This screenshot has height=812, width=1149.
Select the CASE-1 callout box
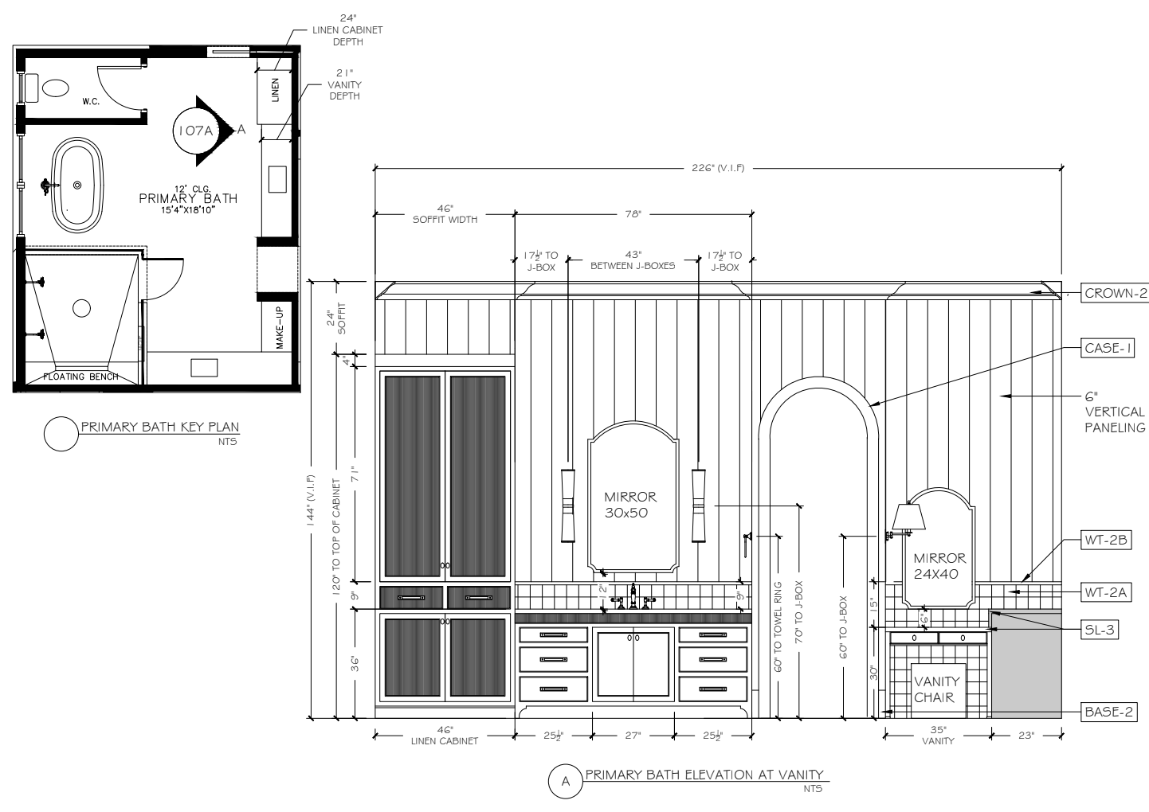1108,348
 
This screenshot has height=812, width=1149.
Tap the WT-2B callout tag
1106,540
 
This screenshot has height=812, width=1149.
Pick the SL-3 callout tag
1100,629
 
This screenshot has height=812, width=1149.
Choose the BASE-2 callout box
1108,712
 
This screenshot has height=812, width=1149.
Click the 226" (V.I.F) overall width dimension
718,168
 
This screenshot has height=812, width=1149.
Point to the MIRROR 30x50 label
629,505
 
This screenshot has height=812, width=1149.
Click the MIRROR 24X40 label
939,566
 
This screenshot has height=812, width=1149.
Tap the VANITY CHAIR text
936,689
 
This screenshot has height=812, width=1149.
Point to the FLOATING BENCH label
80,377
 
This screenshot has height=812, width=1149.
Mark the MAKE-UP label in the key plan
279,327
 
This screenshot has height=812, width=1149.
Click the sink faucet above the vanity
633,597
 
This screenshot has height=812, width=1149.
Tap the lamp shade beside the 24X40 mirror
908,517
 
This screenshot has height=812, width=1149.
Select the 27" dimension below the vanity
633,736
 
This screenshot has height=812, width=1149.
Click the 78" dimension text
633,214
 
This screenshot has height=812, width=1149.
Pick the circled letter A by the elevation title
565,781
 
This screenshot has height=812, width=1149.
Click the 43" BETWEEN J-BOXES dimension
633,260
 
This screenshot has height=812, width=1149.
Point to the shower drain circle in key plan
81,308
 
